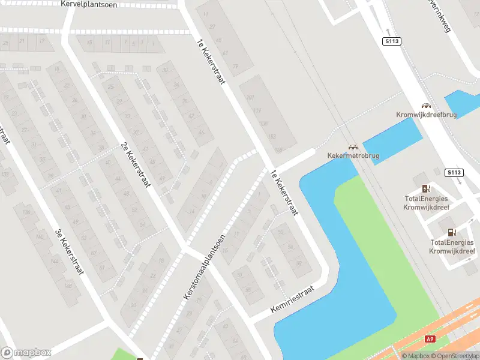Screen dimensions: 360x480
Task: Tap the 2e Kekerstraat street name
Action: click(134, 165)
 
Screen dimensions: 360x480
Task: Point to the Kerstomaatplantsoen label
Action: click(205, 268)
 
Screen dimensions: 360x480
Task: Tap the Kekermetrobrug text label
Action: click(353, 156)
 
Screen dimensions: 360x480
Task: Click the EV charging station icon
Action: click(426, 189)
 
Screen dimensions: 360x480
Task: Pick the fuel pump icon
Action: click(452, 232)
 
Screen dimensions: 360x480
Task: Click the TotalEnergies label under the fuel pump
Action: click(452, 247)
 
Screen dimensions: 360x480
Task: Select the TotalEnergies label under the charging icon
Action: click(426, 203)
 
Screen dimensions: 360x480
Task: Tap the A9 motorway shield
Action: click(430, 339)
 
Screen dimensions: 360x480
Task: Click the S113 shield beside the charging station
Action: click(454, 173)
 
